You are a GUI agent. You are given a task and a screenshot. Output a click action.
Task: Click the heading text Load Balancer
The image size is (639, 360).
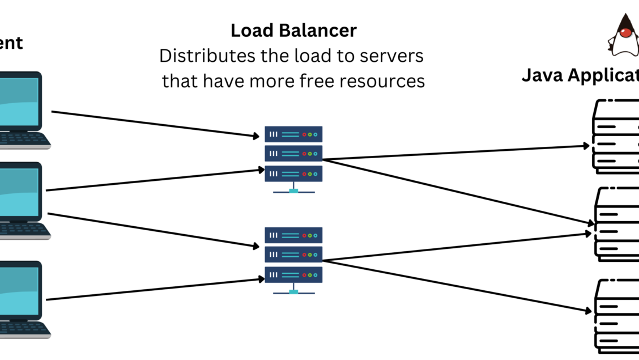[x=293, y=31]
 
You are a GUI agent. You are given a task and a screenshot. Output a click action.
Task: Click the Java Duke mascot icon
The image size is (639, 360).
[x=624, y=35]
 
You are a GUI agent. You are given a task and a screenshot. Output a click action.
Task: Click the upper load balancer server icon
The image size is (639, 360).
[x=293, y=154]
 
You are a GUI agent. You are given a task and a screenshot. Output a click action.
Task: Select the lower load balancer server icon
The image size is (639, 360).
[x=293, y=255]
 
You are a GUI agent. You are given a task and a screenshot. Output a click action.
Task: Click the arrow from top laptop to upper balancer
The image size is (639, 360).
[x=153, y=124]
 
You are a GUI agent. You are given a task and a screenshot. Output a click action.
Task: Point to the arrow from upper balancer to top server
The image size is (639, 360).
[x=453, y=153]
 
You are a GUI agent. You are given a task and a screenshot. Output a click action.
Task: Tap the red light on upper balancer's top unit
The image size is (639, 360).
[x=304, y=134]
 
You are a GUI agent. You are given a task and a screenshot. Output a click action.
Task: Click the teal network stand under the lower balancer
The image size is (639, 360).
[x=293, y=291]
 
